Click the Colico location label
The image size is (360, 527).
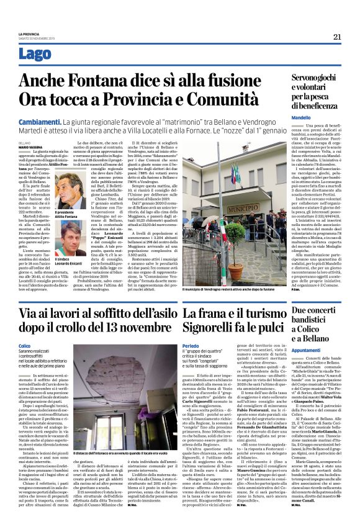point(25,345)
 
